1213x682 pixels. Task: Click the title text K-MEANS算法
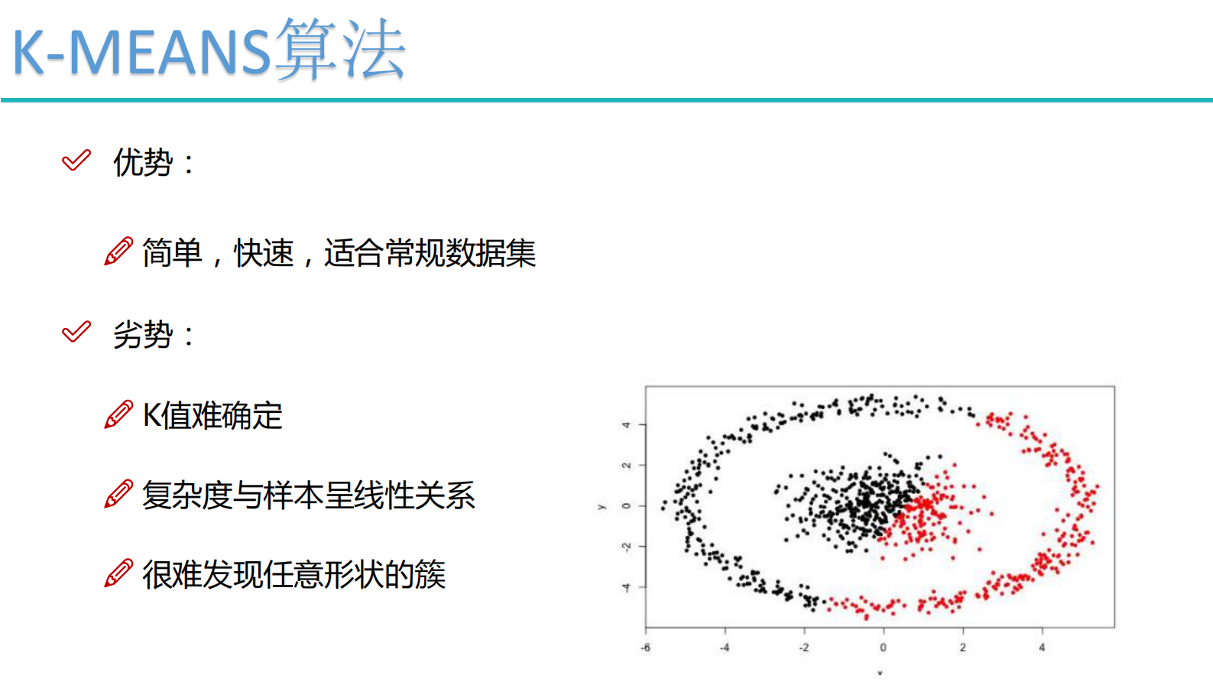[208, 50]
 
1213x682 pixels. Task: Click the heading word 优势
[143, 162]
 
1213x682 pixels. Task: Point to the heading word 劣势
[143, 334]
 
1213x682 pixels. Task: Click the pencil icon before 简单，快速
[118, 252]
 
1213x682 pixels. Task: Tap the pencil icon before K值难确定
[118, 414]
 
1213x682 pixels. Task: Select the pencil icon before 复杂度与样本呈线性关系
[118, 494]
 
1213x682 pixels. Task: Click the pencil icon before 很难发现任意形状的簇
[118, 573]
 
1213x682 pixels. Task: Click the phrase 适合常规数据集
[430, 253]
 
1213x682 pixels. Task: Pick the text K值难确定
[212, 416]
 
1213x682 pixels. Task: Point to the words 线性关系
[414, 495]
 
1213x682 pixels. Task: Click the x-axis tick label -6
[646, 648]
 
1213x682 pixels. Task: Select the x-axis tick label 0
[883, 648]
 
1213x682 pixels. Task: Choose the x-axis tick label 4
[1042, 648]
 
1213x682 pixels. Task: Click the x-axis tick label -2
[803, 648]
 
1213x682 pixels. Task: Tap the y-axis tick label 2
[626, 465]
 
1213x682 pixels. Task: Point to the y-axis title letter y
[601, 506]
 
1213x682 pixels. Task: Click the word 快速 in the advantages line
[264, 253]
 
